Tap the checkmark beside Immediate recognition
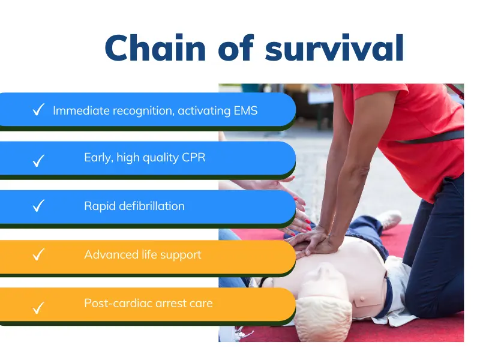point(38,110)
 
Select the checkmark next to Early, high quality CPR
point(38,160)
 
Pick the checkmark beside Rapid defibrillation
point(38,206)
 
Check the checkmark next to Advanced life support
point(38,255)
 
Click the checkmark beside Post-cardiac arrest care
point(38,308)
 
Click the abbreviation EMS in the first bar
point(245,110)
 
